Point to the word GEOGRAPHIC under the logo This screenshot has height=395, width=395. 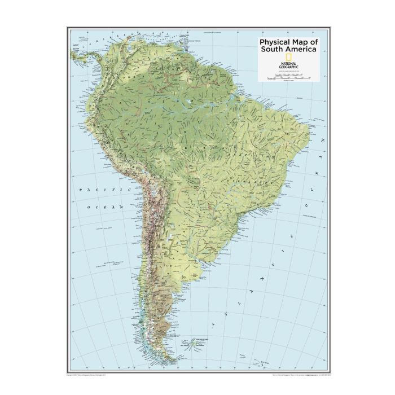coord(288,68)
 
